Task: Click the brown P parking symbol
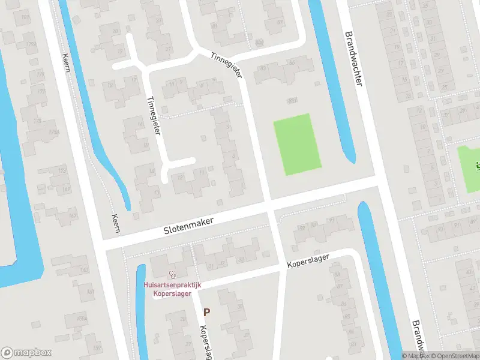pyautogui.click(x=207, y=312)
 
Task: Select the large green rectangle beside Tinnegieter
pyautogui.click(x=297, y=144)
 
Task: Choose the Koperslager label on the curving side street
pyautogui.click(x=308, y=262)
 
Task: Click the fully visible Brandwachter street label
pyautogui.click(x=353, y=58)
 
